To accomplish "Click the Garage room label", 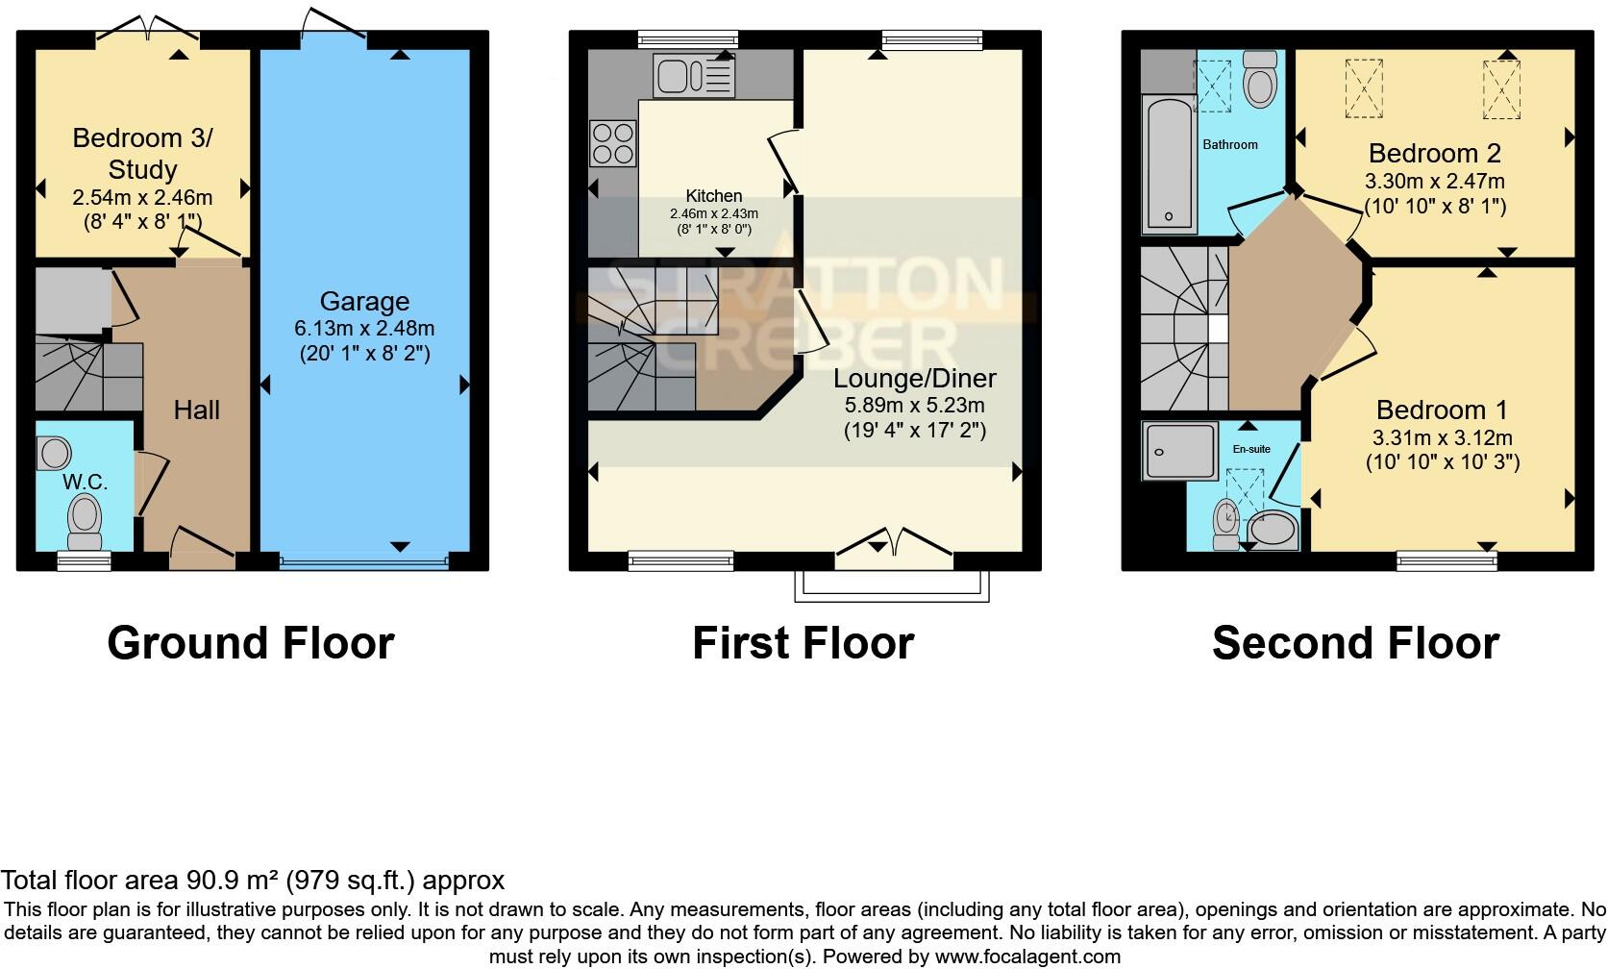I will [364, 302].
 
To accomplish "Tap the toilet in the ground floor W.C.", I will [86, 520].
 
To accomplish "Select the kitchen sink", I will [694, 75].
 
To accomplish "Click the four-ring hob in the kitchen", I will [613, 143].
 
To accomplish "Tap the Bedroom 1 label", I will [1442, 410].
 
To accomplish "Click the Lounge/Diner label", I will [914, 379].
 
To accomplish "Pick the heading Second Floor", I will [1355, 643].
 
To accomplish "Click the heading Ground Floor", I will [251, 643].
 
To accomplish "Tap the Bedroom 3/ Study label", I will [142, 154].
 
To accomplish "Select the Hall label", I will [197, 410].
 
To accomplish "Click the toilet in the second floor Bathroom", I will [1259, 80].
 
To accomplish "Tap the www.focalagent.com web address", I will [1026, 957].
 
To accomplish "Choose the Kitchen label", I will [713, 196].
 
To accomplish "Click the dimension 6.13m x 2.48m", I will [364, 329].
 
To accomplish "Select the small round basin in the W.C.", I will [56, 453].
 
